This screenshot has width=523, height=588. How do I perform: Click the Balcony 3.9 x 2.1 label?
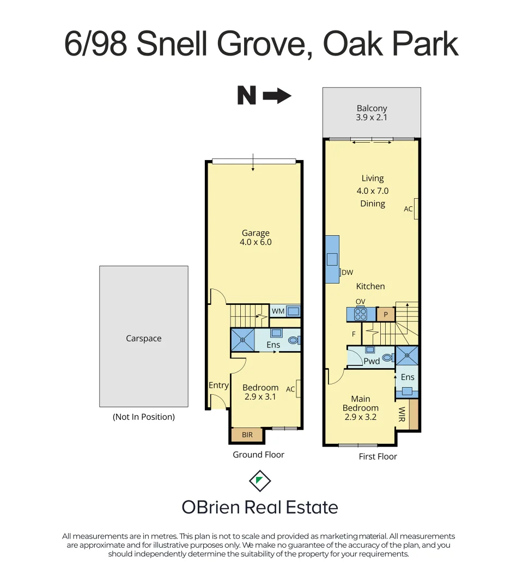point(372,113)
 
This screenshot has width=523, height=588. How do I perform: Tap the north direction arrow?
point(277,96)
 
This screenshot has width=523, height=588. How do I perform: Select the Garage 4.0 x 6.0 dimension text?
point(256,242)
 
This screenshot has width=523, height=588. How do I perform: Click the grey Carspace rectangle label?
point(143,338)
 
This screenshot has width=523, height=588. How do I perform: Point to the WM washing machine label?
point(278,311)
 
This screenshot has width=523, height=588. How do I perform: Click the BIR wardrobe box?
point(247,435)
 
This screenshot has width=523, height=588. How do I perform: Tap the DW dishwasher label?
point(347,272)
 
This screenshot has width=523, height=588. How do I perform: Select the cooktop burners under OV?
point(361,314)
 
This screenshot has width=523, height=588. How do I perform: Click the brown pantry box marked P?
point(386,314)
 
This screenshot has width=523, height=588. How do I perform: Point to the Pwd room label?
point(372,361)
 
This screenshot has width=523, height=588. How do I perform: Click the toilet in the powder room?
point(387,358)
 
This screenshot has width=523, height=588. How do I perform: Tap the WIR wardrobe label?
point(402,414)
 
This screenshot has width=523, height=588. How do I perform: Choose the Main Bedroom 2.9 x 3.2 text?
point(361,408)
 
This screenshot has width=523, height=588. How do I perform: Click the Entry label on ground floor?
point(218,385)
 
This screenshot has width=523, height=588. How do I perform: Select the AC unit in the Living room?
point(416,209)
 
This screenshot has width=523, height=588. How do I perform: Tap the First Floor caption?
point(378,456)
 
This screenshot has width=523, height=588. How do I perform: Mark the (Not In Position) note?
point(144,417)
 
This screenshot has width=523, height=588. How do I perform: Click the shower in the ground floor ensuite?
point(242,339)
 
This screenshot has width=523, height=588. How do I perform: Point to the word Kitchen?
point(370,286)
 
